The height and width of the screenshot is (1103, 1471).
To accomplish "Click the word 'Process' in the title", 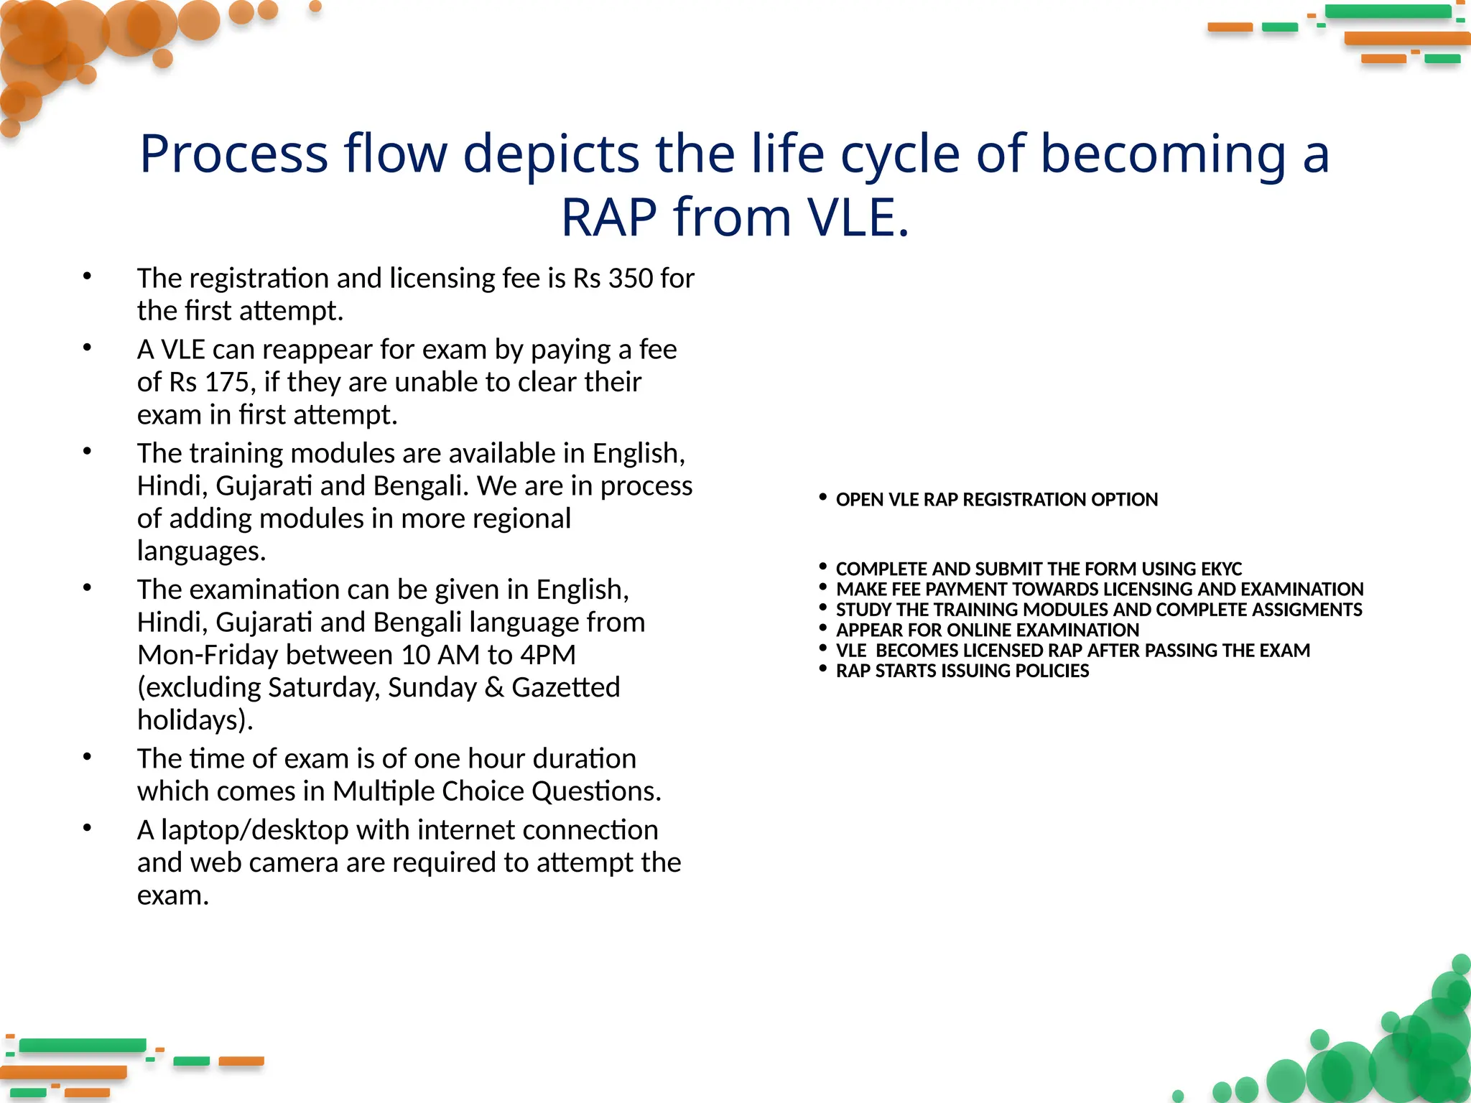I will tap(233, 154).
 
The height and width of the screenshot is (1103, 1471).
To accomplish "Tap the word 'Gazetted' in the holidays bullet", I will tap(565, 688).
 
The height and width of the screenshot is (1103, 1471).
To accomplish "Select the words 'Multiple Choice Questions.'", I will tap(496, 791).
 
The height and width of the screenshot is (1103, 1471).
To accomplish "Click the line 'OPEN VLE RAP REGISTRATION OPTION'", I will tap(996, 500).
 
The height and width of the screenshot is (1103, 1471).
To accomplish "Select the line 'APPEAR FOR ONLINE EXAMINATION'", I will tap(987, 630).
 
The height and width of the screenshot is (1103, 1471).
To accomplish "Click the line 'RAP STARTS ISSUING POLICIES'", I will tap(962, 671).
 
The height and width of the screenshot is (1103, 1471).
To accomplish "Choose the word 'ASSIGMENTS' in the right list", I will tap(1307, 610).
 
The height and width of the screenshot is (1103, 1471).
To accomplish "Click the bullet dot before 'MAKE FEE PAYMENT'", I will tap(823, 587).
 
